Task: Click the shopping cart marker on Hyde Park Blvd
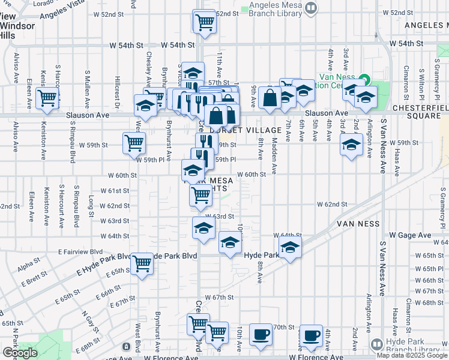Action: [142, 262]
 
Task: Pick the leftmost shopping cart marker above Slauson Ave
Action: [46, 98]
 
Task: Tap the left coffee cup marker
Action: [261, 335]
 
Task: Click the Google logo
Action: [20, 353]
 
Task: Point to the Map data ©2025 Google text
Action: [412, 355]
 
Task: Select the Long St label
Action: [91, 205]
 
